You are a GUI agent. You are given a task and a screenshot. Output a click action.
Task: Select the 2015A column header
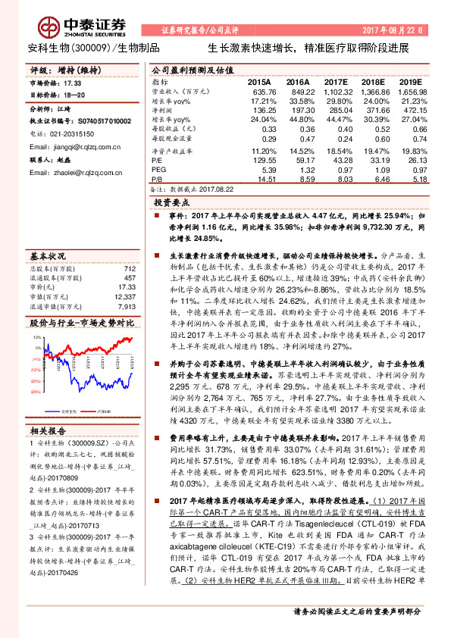(x=258, y=80)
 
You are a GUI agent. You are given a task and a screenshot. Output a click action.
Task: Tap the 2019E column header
(x=410, y=80)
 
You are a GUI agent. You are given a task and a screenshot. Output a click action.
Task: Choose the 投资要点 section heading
(x=170, y=203)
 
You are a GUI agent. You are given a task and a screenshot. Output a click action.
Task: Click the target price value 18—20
(x=74, y=95)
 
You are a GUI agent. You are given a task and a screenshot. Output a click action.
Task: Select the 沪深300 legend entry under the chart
(x=102, y=409)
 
